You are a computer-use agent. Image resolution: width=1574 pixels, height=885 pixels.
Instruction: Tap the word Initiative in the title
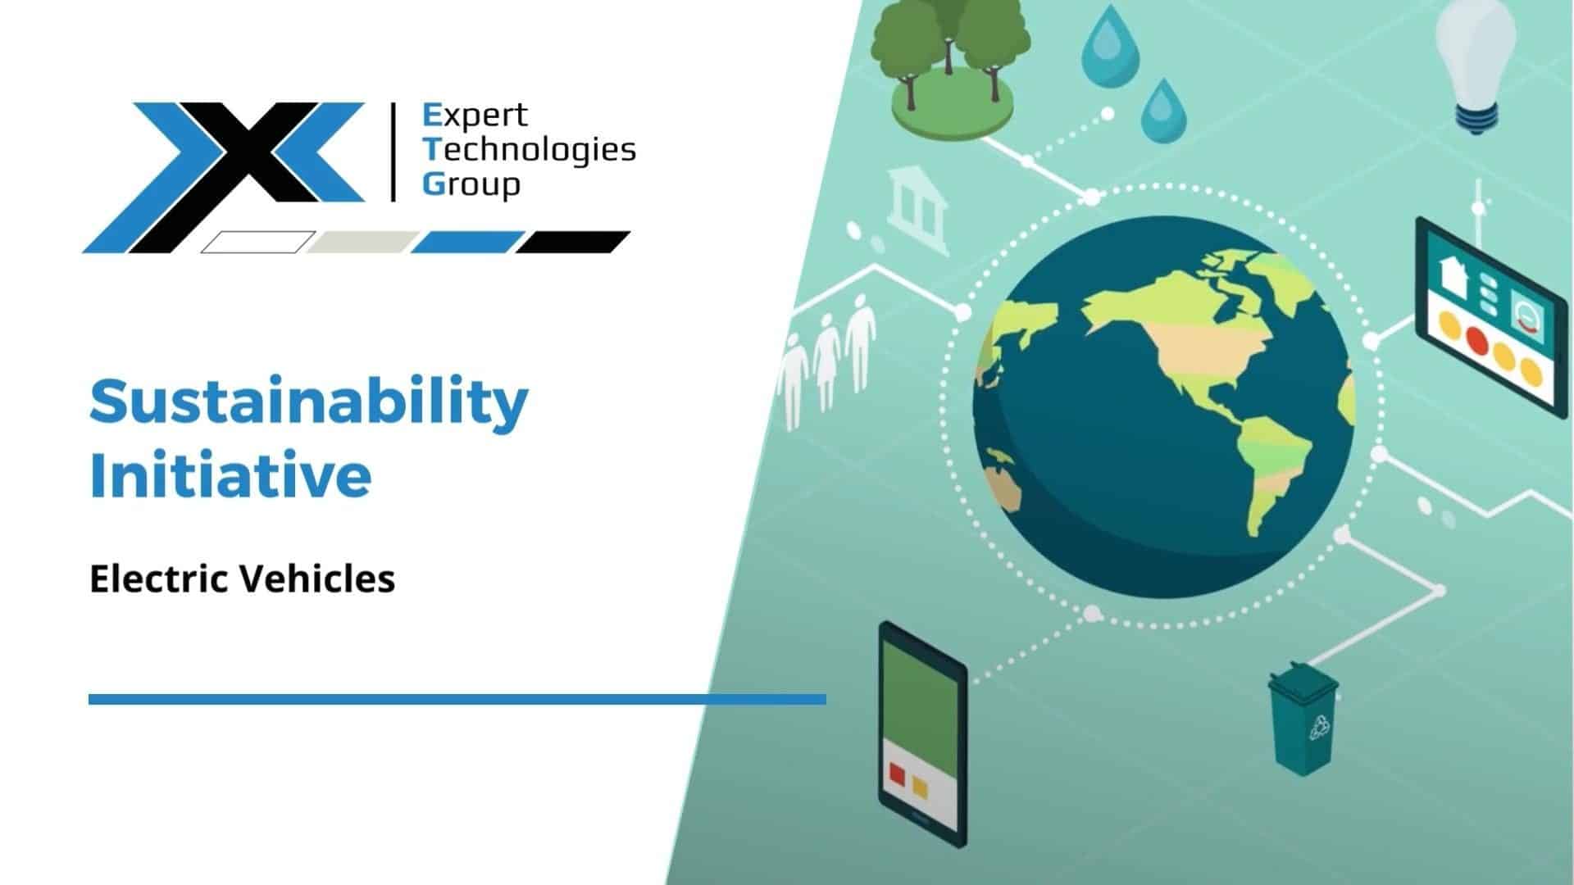coord(230,475)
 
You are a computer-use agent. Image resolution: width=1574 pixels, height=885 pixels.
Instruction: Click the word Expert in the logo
coord(475,116)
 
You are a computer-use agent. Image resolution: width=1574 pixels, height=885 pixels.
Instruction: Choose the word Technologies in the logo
coord(529,151)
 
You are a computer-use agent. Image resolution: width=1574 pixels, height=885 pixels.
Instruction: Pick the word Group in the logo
coord(471,184)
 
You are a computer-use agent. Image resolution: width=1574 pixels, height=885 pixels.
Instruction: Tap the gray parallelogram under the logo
coord(363,243)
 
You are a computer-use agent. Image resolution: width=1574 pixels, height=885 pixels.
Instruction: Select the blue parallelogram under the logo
coord(467,243)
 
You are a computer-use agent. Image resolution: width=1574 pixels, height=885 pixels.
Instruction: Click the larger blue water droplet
coord(1110,41)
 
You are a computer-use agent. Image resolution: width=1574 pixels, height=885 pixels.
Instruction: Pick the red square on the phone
coord(897,774)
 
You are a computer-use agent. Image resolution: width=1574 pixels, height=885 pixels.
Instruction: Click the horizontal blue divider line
coord(457,699)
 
